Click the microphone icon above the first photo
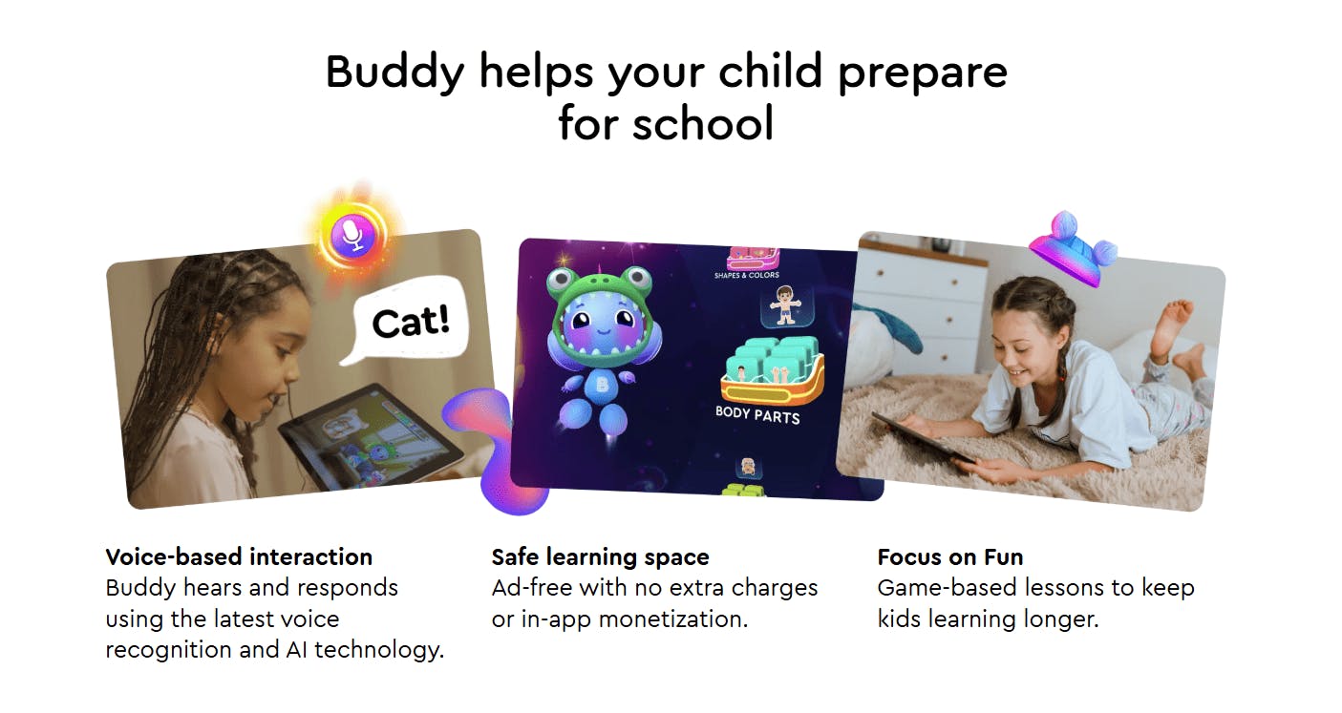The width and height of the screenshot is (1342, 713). point(353,235)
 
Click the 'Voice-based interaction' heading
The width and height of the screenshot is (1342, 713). point(239,556)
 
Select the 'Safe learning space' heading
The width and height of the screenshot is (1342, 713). point(600,556)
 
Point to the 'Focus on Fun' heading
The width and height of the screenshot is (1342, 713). point(949,556)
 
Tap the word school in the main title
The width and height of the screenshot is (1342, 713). point(707,123)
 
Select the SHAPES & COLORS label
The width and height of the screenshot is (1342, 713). point(746,276)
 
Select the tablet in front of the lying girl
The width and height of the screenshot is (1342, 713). point(922,440)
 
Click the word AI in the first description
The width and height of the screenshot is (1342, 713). point(299,650)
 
